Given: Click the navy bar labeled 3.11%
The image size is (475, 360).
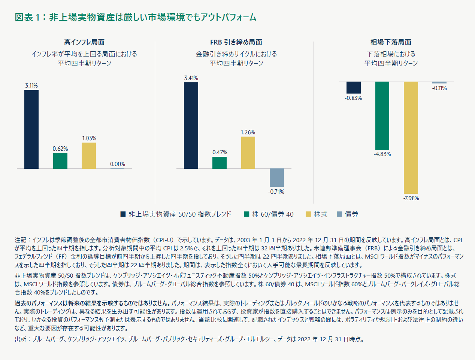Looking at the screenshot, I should tap(31, 129).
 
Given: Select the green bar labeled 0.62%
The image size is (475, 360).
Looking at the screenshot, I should tap(60, 161).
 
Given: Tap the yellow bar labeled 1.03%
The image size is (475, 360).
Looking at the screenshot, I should tap(89, 156).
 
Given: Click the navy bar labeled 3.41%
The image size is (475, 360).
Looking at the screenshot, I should tap(191, 125).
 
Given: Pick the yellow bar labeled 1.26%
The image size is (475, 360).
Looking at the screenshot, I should tap(248, 153).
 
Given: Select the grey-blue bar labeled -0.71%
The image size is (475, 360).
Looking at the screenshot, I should tap(277, 177).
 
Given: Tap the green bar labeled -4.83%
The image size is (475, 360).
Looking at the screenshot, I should tap(382, 116).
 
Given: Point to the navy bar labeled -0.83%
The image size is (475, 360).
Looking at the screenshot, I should tap(353, 88).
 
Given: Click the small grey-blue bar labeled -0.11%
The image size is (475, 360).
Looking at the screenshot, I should tap(439, 83).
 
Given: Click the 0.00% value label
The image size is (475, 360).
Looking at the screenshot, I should tap(118, 164).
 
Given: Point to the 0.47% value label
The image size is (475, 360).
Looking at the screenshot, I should tap(220, 152).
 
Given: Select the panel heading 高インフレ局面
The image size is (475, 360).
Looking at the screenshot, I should tap(84, 42).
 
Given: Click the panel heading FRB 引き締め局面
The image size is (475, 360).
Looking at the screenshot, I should tap(236, 42).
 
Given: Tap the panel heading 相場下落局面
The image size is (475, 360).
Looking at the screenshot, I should tap(391, 42).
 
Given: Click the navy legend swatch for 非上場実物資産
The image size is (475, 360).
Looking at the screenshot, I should tap(123, 214).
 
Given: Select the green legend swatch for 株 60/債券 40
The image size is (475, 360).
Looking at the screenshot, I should tap(246, 214).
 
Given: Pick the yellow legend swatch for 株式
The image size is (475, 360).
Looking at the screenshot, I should tap(308, 214).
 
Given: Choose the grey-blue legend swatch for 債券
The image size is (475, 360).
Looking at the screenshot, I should tap(339, 214).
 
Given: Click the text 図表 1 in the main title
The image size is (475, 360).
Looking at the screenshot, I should tap(27, 17).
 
